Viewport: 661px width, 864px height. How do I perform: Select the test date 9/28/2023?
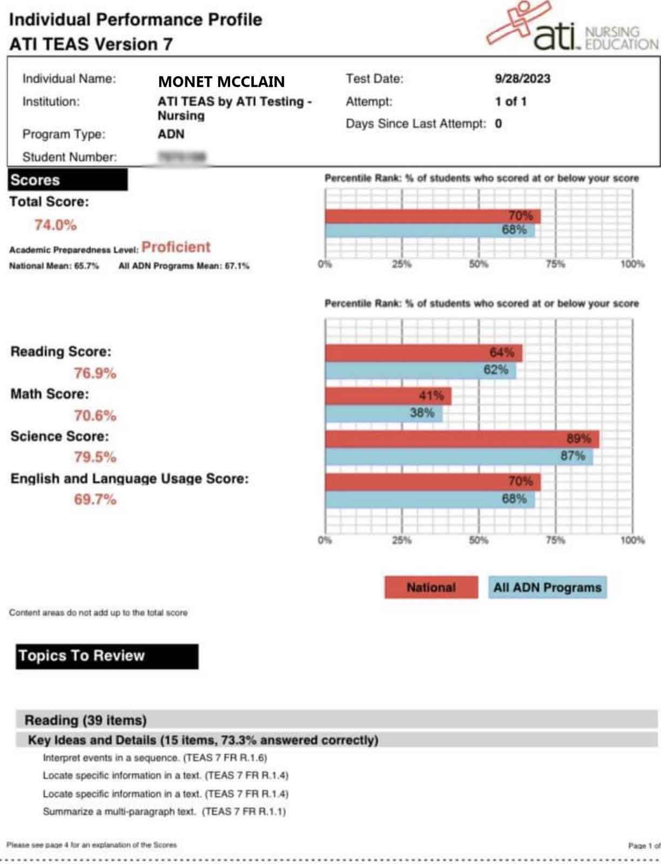click(x=522, y=79)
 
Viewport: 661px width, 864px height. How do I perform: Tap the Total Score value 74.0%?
click(x=56, y=225)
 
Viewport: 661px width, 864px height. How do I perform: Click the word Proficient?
click(x=176, y=247)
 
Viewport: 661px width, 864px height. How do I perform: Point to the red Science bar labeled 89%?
click(x=462, y=438)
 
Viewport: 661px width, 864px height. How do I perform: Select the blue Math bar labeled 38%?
click(x=383, y=414)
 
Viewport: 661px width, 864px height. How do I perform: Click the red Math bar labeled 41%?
click(x=388, y=396)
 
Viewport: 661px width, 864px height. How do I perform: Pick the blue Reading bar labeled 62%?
click(x=420, y=370)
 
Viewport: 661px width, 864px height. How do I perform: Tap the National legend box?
click(x=431, y=588)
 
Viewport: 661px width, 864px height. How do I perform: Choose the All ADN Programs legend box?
click(x=547, y=588)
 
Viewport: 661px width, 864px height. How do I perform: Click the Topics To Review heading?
click(x=106, y=656)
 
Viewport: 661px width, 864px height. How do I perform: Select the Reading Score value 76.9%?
click(x=95, y=373)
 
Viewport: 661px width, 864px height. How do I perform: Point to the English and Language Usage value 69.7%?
click(x=95, y=500)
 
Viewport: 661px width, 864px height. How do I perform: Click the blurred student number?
click(x=182, y=157)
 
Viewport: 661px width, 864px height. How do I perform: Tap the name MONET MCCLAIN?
click(x=221, y=82)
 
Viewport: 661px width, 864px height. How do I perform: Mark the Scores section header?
click(x=68, y=180)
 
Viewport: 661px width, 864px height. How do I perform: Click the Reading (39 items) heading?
click(x=85, y=720)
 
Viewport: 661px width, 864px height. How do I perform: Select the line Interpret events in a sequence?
click(x=154, y=758)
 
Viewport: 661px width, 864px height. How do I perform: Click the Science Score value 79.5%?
click(x=95, y=457)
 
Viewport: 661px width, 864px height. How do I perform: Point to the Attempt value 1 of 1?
click(x=510, y=102)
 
